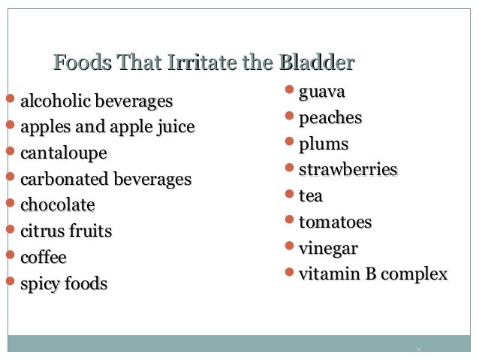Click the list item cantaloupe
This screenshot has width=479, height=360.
click(63, 153)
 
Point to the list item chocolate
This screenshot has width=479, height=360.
click(58, 205)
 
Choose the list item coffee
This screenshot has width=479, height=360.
click(44, 257)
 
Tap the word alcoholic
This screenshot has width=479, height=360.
click(56, 101)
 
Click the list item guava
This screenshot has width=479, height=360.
click(322, 93)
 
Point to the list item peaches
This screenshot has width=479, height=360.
click(330, 118)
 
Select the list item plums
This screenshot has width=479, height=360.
click(324, 144)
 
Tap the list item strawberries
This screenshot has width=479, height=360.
click(348, 170)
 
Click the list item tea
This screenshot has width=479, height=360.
click(311, 195)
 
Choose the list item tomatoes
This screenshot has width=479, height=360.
click(335, 222)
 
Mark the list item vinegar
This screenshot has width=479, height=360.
click(328, 248)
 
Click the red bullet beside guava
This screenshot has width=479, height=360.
click(291, 92)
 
